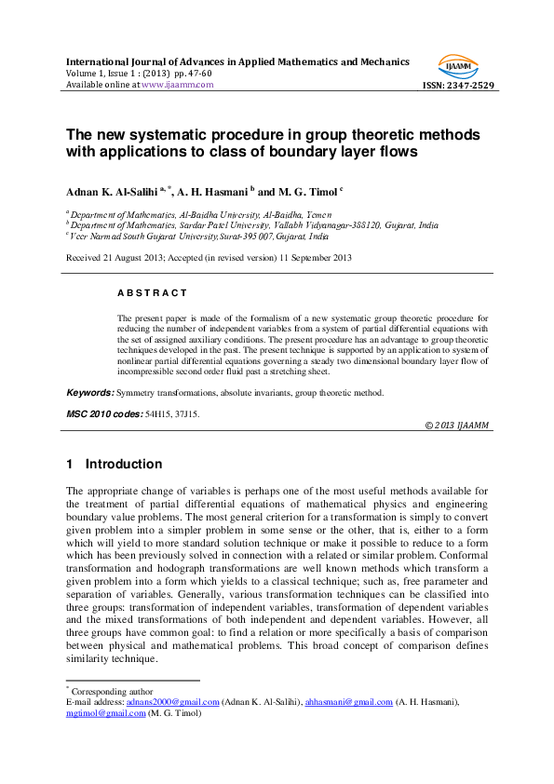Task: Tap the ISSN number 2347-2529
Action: (471, 85)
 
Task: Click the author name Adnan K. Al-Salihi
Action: (112, 191)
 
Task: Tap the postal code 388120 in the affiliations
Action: (367, 224)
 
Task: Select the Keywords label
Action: (90, 393)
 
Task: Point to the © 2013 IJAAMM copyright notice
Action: (457, 425)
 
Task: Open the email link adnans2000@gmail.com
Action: (181, 702)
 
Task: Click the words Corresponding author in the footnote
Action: (105, 691)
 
